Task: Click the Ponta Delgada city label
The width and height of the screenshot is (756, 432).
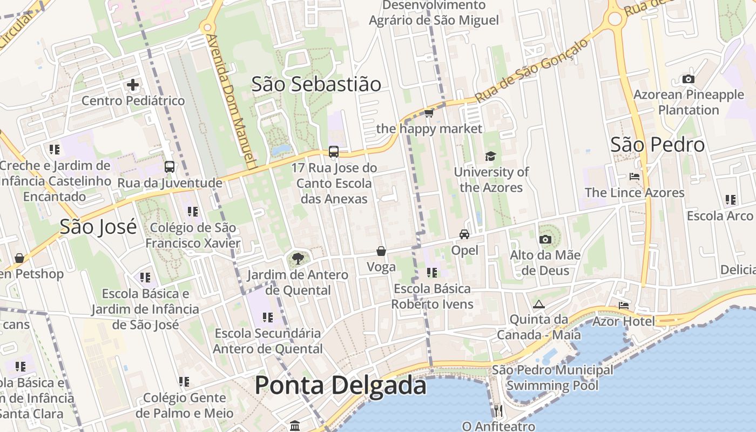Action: [340, 386]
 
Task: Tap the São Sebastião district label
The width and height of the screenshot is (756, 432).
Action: [316, 84]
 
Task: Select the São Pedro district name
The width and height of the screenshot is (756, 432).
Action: [657, 145]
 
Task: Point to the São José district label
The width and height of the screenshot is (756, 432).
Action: [98, 226]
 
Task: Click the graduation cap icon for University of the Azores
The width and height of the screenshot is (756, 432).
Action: [490, 157]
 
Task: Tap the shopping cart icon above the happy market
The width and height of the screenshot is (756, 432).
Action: [429, 113]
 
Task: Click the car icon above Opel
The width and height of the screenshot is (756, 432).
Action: [464, 234]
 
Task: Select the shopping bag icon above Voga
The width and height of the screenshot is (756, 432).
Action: [381, 251]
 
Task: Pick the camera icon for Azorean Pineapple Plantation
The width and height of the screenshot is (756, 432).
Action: [688, 79]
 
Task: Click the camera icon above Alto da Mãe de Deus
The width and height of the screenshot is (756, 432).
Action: [545, 239]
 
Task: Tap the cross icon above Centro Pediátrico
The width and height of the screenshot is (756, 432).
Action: [133, 85]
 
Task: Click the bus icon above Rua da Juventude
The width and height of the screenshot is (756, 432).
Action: [170, 167]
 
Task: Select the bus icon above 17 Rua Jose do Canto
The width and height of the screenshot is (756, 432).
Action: [334, 152]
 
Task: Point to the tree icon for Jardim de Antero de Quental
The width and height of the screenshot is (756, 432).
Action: [297, 259]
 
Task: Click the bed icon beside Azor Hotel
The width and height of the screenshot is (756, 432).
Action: [624, 306]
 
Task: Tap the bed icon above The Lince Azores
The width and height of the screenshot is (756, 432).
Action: [634, 177]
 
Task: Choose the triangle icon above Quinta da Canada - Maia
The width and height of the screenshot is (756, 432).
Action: [539, 305]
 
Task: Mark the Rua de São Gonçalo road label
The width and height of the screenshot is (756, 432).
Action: [531, 71]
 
